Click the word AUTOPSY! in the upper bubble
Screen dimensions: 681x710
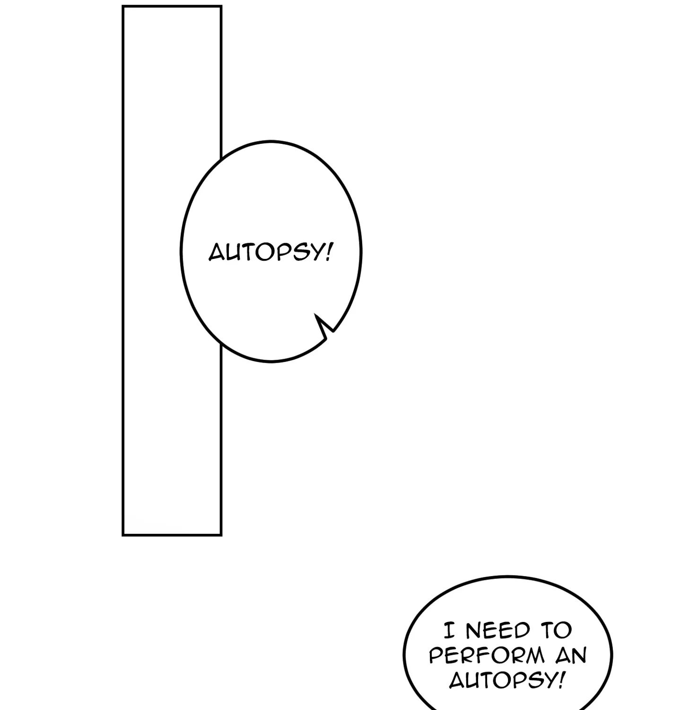[x=271, y=252]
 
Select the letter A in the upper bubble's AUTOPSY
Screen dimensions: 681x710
[x=217, y=252]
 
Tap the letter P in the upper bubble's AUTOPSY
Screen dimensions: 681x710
[x=279, y=252]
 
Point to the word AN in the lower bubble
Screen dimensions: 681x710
[x=571, y=656]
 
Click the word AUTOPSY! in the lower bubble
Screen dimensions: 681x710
[x=506, y=681]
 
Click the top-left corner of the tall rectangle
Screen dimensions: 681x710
[x=123, y=7]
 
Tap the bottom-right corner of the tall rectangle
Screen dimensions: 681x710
[x=221, y=535]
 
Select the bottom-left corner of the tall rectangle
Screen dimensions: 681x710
[x=123, y=535]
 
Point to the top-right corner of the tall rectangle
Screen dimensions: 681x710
[x=221, y=7]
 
